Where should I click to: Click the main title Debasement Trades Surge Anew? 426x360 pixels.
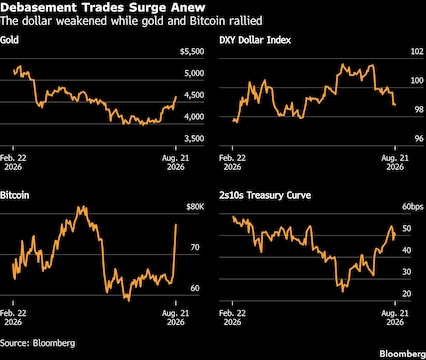tap(103, 7)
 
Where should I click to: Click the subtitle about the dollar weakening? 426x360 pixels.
tap(131, 21)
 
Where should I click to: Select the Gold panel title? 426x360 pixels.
tap(9, 40)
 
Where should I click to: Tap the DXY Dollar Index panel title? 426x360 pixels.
tap(255, 40)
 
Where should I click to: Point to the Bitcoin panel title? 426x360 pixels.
tap(14, 195)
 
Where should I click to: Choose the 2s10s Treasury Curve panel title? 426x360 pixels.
tap(265, 195)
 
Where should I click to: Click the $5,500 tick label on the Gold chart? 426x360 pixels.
tap(192, 52)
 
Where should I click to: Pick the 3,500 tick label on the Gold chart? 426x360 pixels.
tap(194, 139)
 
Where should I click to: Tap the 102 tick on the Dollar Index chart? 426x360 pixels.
tap(417, 52)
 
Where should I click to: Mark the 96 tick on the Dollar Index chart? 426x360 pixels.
tap(419, 139)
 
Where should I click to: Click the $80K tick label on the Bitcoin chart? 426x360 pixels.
tap(195, 207)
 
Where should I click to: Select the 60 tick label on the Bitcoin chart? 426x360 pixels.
tap(195, 288)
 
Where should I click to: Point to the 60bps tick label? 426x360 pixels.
tap(413, 207)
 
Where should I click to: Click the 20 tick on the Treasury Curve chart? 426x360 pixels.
tap(407, 294)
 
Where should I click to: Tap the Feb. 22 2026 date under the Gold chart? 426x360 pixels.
tap(13, 162)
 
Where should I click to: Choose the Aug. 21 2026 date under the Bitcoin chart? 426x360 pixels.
tap(176, 318)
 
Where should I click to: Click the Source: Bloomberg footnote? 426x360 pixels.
tap(37, 343)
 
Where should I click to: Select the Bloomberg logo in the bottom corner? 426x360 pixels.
tap(403, 354)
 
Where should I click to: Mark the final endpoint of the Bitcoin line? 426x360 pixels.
tap(176, 224)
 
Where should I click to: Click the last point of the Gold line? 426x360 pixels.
tap(176, 97)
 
